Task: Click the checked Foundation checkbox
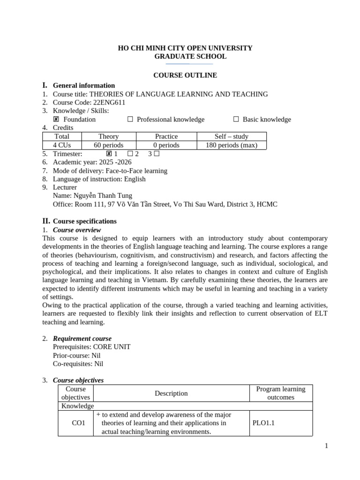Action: click(56, 120)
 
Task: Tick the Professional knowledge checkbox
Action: click(130, 120)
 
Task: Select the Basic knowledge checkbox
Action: click(236, 120)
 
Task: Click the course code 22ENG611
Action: click(109, 103)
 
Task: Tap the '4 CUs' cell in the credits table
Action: click(62, 145)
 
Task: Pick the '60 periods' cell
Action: click(109, 145)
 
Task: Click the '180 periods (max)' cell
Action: click(231, 145)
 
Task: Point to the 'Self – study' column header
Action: click(231, 136)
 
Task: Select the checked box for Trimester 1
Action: click(109, 154)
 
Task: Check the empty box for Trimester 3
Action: click(157, 154)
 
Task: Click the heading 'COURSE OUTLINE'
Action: click(185, 75)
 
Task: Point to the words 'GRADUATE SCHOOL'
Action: click(190, 56)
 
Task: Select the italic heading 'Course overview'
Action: click(77, 230)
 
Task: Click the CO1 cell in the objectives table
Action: click(78, 423)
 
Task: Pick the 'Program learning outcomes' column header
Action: click(280, 393)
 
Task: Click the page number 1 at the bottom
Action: click(326, 446)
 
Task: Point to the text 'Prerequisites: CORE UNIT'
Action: click(92, 347)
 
